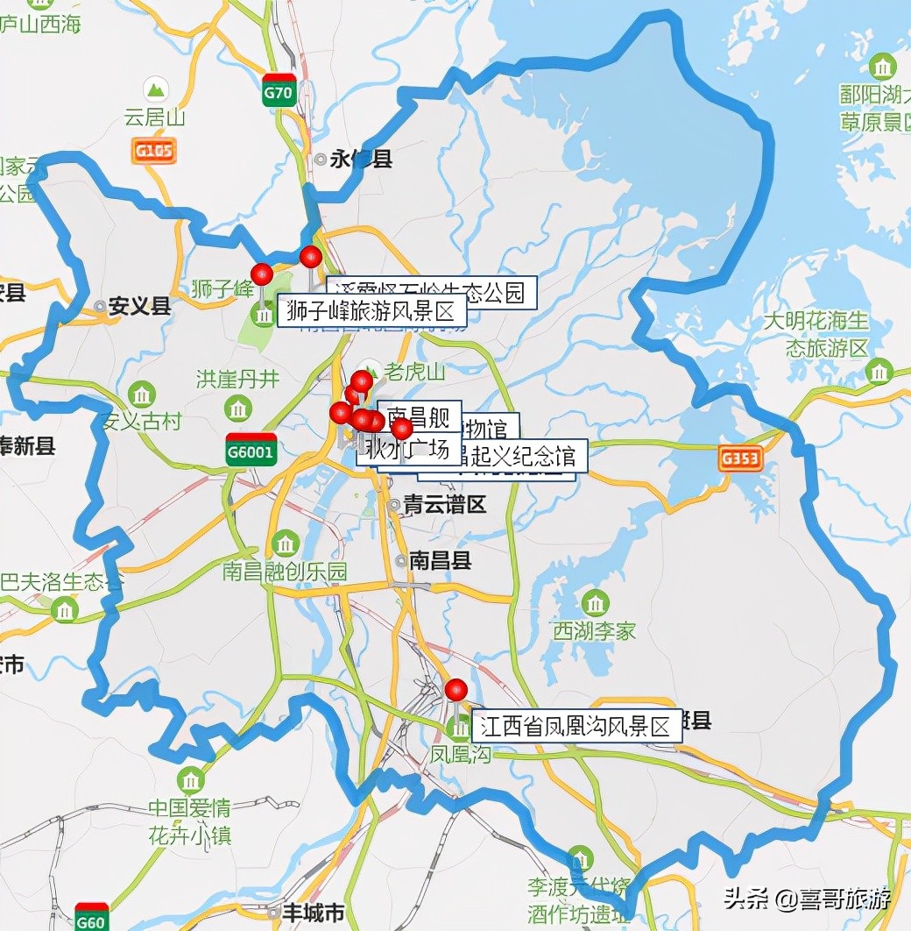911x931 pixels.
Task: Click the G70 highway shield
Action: [278, 90]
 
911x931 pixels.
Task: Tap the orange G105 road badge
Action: [153, 150]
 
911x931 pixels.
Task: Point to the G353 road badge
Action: [739, 458]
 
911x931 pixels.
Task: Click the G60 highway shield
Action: [91, 917]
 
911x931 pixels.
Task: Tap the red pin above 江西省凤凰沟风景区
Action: [455, 690]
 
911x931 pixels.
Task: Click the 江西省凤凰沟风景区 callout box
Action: [576, 727]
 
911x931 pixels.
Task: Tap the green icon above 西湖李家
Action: [595, 603]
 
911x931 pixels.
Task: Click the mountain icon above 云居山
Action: [157, 89]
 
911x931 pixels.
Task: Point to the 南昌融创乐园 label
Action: [285, 571]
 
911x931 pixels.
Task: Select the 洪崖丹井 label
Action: [237, 380]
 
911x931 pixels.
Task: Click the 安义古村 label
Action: [141, 421]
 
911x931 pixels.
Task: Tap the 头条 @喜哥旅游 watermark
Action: [807, 899]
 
